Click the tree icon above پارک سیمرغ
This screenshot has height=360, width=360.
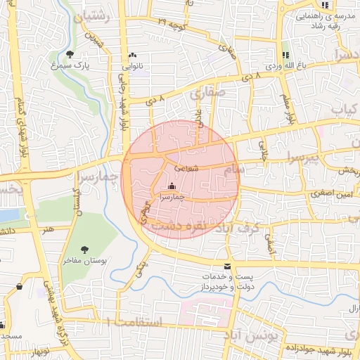[69, 54]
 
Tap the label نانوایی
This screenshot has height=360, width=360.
[134, 66]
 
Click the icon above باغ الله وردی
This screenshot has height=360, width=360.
[285, 55]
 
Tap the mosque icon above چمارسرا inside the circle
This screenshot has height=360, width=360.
[172, 186]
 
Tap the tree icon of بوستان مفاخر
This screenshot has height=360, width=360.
[85, 250]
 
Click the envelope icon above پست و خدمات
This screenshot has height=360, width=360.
[226, 266]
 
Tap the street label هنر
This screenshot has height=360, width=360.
[47, 229]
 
